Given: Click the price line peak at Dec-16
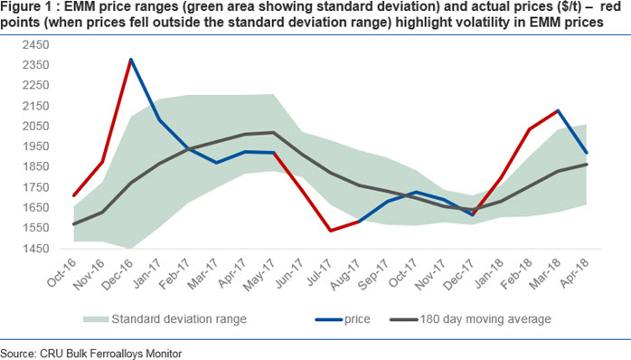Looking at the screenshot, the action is [x=131, y=60].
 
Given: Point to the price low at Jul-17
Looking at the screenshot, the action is [x=330, y=231].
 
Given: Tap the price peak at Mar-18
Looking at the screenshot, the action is [x=558, y=110].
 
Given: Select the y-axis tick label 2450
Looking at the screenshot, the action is [x=36, y=44].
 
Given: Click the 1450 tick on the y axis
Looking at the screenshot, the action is [x=36, y=249].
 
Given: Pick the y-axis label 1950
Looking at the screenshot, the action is [x=36, y=147].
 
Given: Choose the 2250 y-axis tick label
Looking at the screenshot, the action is [x=36, y=85].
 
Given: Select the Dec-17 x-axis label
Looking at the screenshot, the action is [x=458, y=274].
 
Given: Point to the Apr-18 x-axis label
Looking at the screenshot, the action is [x=574, y=273].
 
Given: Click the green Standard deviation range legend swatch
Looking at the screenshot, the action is [x=96, y=319].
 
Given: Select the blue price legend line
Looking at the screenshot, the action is [x=328, y=319].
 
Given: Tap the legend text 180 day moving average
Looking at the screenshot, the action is [x=485, y=319].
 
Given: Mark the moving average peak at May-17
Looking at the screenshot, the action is [x=274, y=132].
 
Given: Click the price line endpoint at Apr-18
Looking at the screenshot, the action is [x=587, y=153].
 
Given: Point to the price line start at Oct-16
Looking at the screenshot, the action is [x=73, y=195].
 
